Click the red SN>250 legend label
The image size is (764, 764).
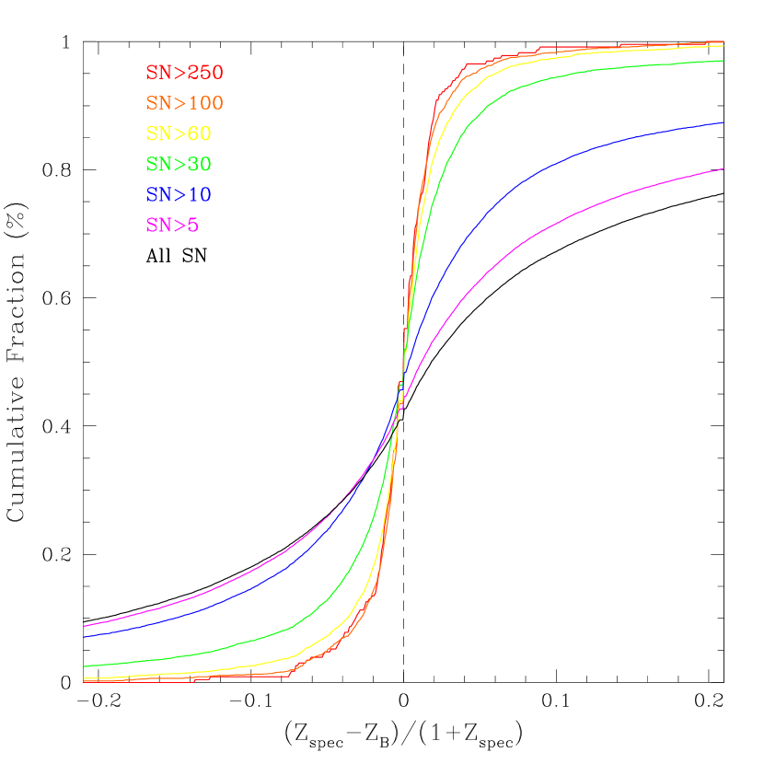184,72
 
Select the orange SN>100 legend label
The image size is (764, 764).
184,102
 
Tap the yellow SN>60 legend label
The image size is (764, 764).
179,133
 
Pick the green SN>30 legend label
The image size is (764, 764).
179,164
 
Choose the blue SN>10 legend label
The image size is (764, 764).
179,194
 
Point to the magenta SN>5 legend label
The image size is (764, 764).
172,225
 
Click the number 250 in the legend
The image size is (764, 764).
204,72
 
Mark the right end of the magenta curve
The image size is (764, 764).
723,168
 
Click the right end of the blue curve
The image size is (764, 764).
723,122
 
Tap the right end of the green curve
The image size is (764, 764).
723,61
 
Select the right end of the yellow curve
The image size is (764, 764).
723,45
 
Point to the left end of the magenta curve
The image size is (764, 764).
84,627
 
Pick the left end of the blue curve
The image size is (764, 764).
84,637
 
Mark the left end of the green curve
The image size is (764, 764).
84,666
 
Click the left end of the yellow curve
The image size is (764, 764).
84,678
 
